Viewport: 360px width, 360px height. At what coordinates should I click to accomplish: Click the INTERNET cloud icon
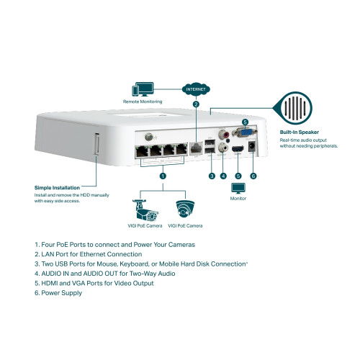click(x=195, y=90)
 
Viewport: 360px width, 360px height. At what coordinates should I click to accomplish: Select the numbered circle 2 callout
click(x=195, y=104)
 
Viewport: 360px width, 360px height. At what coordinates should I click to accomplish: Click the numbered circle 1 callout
click(x=163, y=175)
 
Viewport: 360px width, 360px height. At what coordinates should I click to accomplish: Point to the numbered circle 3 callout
click(x=212, y=175)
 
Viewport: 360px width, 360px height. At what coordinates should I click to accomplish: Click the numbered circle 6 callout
click(x=253, y=175)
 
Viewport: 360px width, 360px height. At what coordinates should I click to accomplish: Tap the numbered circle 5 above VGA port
click(x=246, y=122)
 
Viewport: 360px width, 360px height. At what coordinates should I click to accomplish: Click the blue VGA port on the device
click(x=246, y=133)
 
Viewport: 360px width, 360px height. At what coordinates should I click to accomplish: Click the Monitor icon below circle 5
click(x=238, y=189)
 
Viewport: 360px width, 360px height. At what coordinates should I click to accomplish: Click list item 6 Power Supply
click(x=58, y=292)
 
